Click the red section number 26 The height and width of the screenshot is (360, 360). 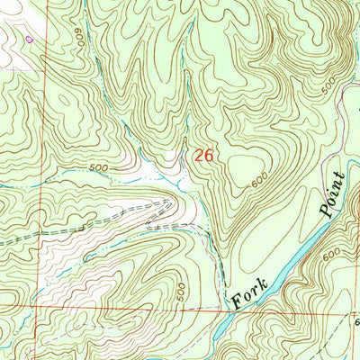[x=204, y=156]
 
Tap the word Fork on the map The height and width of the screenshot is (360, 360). [x=245, y=292]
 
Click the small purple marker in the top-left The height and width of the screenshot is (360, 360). [x=30, y=39]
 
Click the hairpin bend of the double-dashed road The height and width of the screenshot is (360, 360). [x=171, y=204]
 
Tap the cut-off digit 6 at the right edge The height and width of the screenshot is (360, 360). [x=355, y=322]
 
